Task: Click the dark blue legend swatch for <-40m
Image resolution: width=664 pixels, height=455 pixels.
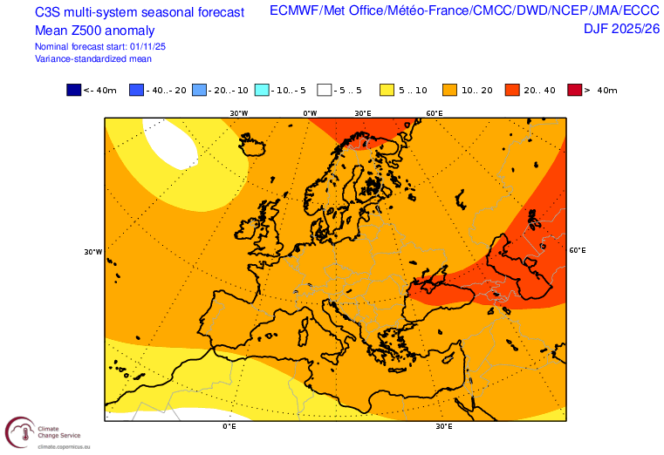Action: [73, 90]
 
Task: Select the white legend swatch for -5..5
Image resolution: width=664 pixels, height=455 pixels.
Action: [325, 90]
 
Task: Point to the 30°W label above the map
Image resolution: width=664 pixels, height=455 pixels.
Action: [239, 113]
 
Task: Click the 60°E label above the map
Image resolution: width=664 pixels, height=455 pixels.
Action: [434, 113]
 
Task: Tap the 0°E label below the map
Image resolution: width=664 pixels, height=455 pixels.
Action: [229, 426]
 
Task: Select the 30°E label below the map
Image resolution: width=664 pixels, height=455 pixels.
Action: [444, 426]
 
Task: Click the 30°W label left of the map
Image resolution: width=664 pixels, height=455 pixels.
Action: [93, 252]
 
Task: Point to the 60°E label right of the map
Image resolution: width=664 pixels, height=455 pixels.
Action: [577, 250]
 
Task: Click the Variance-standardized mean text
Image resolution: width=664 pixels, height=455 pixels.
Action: [93, 58]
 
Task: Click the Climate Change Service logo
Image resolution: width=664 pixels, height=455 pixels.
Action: [20, 431]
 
